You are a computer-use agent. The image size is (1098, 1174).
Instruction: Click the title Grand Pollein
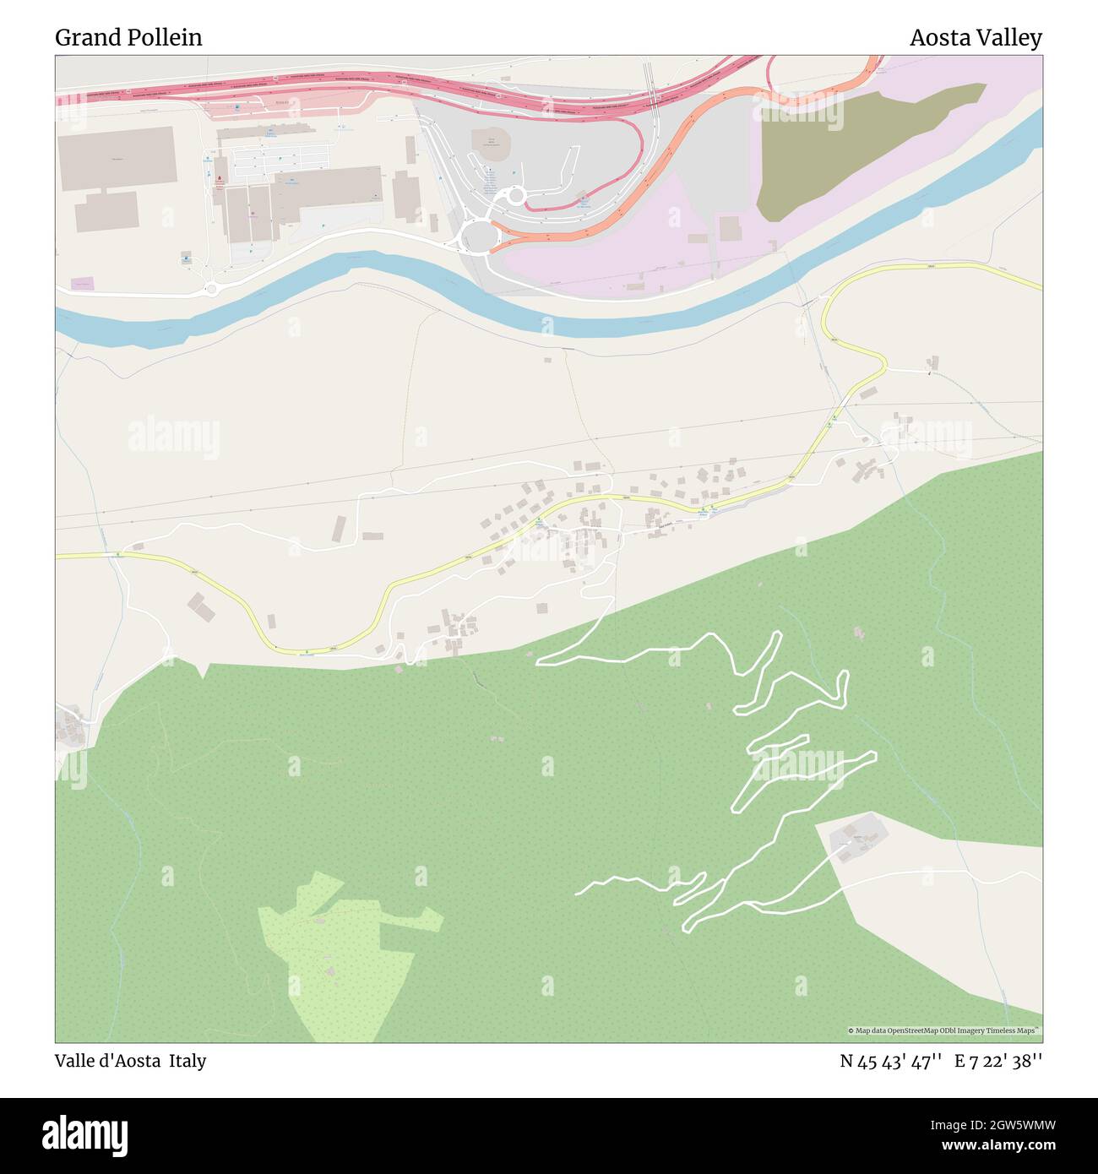pos(128,38)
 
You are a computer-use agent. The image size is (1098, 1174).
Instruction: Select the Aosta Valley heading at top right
pos(975,38)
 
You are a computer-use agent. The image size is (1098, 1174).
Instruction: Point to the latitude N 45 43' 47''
pos(890,1062)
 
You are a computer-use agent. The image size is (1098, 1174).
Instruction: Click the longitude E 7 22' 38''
pos(997,1062)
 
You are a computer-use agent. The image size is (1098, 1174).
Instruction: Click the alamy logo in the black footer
pos(85,1135)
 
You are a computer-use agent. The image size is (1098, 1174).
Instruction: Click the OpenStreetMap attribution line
pos(943,1030)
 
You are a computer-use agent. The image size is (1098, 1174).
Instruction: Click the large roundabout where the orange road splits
pos(478,236)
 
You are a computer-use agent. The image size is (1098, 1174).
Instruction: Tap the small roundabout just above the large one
pos(514,197)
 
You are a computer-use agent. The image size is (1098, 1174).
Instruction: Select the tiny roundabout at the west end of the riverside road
pos(211,290)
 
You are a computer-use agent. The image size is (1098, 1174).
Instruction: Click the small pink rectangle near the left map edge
pos(82,285)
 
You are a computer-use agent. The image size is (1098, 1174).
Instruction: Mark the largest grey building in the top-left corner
pos(117,158)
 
